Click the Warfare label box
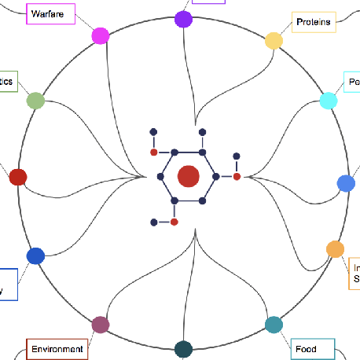[x=50, y=13]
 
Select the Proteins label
[x=314, y=22]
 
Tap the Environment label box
[x=57, y=349]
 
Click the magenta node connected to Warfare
[x=101, y=35]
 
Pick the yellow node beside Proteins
[x=274, y=41]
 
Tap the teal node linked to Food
[x=274, y=325]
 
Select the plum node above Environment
[x=100, y=325]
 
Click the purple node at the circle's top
[x=183, y=19]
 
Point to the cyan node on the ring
[x=329, y=101]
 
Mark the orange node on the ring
[x=335, y=249]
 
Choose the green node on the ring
[x=35, y=101]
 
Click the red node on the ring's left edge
[x=17, y=177]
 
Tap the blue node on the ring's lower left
[x=35, y=255]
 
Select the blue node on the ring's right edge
[x=346, y=183]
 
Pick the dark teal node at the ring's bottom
[x=183, y=349]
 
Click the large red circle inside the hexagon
[x=188, y=177]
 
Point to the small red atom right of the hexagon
[x=237, y=177]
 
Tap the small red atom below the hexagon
[x=174, y=222]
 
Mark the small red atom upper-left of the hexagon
[x=154, y=152]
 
